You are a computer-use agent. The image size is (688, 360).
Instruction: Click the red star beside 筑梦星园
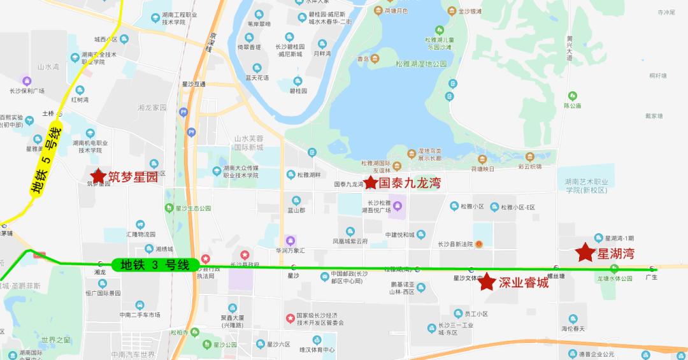[98, 175]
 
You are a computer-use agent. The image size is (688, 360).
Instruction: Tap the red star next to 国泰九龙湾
[370, 182]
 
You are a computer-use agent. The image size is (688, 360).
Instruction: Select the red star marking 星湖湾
[585, 253]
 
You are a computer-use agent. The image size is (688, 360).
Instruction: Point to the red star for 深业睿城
[487, 282]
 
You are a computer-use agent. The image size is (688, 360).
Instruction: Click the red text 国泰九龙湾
[410, 184]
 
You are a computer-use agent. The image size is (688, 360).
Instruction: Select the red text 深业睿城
[523, 282]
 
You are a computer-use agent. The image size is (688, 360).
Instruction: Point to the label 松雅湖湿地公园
[422, 64]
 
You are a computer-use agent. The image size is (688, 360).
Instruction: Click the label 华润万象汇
[290, 250]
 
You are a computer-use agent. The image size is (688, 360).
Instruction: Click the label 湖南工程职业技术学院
[173, 18]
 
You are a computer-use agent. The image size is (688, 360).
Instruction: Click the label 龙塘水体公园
[614, 278]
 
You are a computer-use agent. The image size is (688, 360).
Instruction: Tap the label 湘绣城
[160, 248]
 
